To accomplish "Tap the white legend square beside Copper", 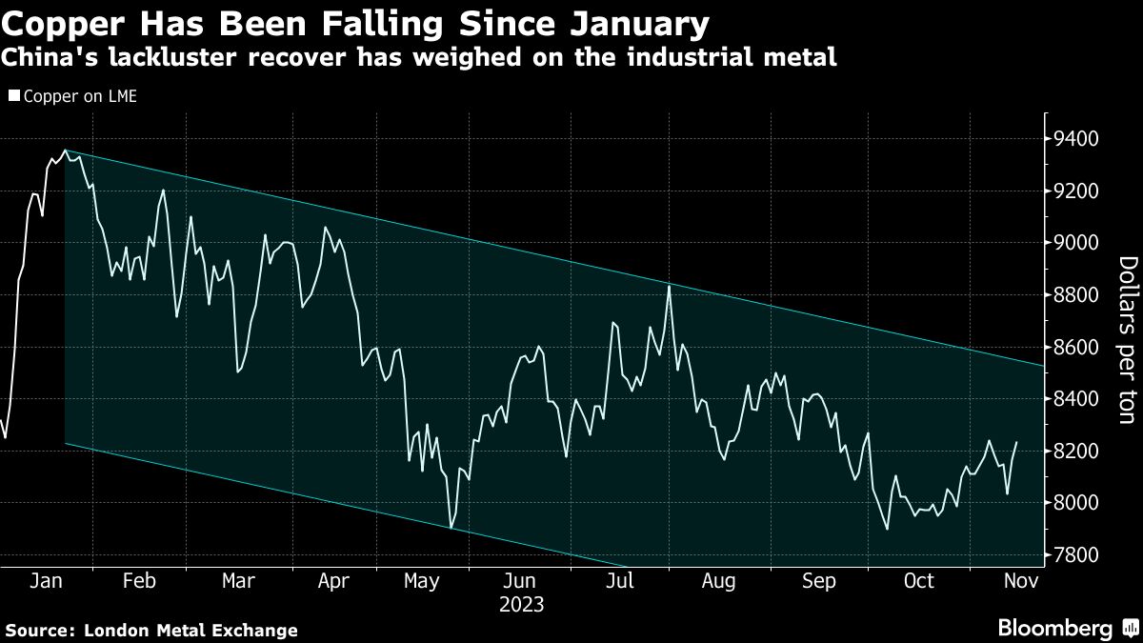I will coord(12,96).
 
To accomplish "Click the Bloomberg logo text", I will coord(1054,628).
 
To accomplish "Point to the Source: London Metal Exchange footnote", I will coord(151,630).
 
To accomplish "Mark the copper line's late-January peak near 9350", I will coord(65,151).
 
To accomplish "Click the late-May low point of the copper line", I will coord(451,528).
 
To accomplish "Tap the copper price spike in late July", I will coord(670,286).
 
